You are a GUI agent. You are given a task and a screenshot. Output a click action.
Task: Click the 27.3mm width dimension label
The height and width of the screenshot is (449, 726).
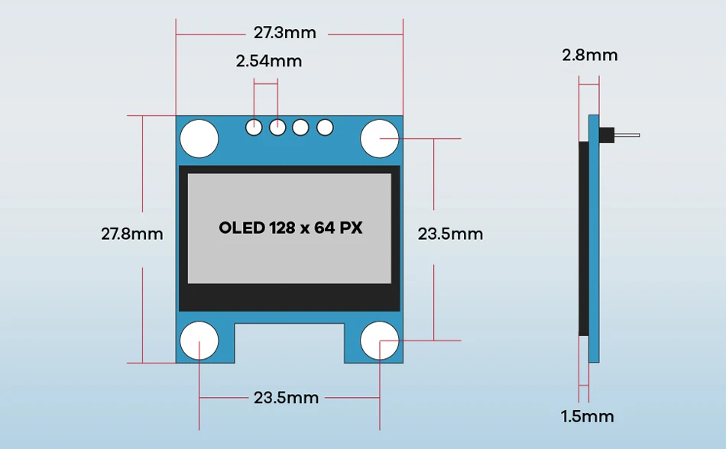pyautogui.click(x=285, y=33)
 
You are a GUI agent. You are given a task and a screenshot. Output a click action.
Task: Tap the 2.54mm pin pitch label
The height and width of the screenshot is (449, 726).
pyautogui.click(x=268, y=61)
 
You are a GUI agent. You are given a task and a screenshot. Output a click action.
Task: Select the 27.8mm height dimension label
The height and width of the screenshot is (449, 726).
pyautogui.click(x=132, y=234)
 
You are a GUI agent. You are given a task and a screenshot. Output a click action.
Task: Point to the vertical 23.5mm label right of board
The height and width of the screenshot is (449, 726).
pyautogui.click(x=450, y=234)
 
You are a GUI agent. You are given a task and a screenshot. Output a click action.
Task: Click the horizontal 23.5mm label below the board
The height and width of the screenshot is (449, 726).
pyautogui.click(x=286, y=397)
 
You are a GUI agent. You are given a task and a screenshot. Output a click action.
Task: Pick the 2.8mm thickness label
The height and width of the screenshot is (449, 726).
pyautogui.click(x=589, y=55)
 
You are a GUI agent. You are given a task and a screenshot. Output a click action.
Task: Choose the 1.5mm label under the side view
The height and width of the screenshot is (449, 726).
pyautogui.click(x=587, y=416)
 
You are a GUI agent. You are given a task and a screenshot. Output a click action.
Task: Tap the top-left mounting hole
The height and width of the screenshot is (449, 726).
pyautogui.click(x=199, y=138)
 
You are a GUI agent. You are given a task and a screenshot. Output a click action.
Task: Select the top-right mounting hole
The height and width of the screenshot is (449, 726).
pyautogui.click(x=380, y=138)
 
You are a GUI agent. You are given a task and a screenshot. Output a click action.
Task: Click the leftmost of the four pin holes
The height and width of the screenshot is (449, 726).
pyautogui.click(x=254, y=128)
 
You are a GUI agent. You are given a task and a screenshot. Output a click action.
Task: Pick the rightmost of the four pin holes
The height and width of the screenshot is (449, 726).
pyautogui.click(x=326, y=128)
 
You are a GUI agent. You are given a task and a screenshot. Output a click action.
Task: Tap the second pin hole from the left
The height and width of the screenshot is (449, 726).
pyautogui.click(x=277, y=128)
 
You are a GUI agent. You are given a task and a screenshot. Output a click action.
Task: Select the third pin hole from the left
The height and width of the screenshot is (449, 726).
pyautogui.click(x=301, y=128)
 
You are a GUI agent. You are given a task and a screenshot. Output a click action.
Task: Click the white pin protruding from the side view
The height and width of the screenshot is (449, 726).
pyautogui.click(x=627, y=136)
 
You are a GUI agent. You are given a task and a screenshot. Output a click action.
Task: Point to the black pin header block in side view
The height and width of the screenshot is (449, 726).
pyautogui.click(x=608, y=136)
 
